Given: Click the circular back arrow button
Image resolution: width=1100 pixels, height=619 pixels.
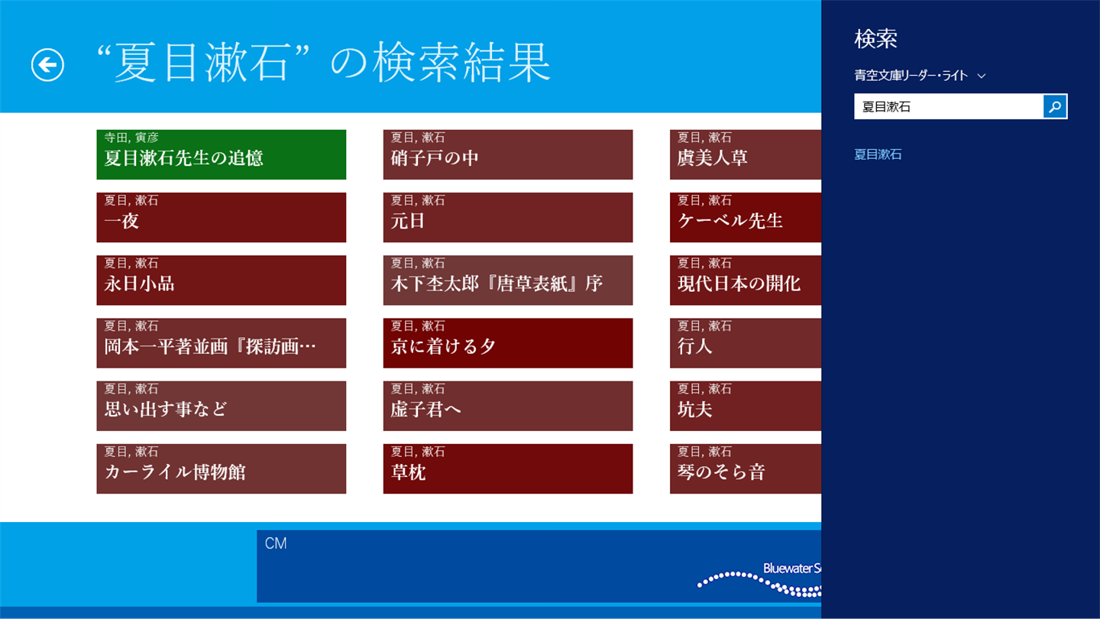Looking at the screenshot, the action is tap(47, 65).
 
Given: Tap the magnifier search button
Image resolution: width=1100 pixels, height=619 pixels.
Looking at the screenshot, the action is tap(1055, 107).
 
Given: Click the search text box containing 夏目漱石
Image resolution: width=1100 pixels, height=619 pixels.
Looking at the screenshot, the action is tap(948, 107).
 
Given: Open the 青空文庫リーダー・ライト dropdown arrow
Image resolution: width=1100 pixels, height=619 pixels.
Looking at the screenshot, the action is tap(981, 76).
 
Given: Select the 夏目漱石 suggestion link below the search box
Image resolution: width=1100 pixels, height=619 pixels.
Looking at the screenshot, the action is tap(878, 154).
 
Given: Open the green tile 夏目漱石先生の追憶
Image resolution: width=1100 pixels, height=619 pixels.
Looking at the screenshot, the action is tap(221, 154).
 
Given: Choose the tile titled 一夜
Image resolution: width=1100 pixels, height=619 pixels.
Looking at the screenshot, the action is tap(221, 217).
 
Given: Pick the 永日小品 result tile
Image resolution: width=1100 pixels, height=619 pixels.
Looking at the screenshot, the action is tap(221, 280).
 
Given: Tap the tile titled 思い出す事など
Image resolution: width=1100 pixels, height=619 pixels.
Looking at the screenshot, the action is tap(221, 406).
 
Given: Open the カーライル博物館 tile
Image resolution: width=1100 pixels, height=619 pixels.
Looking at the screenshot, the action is tap(221, 468).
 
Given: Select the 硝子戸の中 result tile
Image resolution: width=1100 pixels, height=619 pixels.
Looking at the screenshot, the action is tap(508, 154).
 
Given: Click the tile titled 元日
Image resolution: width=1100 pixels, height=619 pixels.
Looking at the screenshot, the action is tap(508, 217).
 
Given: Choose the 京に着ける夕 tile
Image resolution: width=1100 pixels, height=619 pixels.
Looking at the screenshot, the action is tap(508, 343).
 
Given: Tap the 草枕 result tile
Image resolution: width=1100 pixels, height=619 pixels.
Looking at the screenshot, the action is tap(508, 468).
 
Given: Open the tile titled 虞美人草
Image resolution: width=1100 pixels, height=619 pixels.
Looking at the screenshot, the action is tap(746, 154).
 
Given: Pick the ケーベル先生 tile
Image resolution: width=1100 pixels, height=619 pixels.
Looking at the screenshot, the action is tap(746, 217).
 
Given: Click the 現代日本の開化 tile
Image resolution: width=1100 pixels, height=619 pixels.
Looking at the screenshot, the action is tap(746, 280).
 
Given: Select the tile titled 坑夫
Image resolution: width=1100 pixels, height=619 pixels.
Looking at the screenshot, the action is tap(746, 406).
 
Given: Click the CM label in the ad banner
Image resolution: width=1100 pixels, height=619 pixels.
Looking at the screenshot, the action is tap(276, 543).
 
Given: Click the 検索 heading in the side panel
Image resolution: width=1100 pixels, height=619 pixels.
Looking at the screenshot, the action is tap(875, 39).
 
